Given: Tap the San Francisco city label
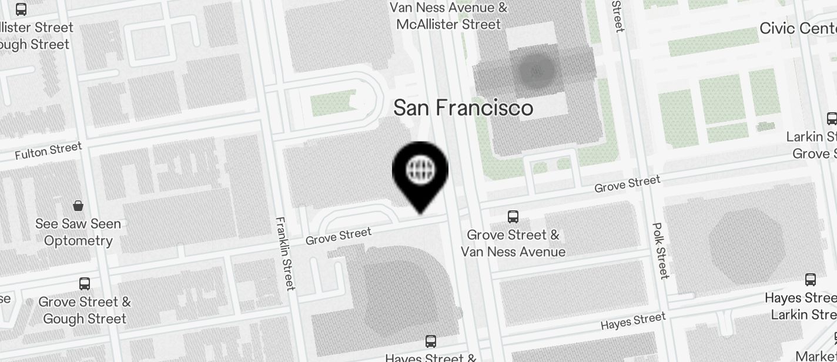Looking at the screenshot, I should pos(463,108).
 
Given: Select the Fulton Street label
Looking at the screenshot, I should pos(48,151).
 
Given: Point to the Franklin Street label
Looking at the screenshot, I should pos(284,253).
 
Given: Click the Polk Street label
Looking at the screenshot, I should pos(660,250).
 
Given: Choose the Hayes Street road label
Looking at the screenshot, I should pos(633,321).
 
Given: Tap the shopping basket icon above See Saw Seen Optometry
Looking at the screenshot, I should pos(78,205).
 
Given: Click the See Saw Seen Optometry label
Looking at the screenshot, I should pos(78,232).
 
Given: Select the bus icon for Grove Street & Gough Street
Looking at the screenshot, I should pos(85,284).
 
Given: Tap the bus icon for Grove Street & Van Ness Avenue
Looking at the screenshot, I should pos(513,217).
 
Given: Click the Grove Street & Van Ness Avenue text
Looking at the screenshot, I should pos(513,243).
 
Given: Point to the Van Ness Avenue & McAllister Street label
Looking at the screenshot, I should pos(448,16).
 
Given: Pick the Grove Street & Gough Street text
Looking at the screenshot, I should pos(85,310).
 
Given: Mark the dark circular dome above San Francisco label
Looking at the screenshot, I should pos(536,71).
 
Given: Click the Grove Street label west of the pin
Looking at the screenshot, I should pos(339,236).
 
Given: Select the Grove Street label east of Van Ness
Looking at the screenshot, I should pos(627,184).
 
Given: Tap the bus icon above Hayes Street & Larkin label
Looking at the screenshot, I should pos(811,280).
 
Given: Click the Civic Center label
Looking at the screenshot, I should pos(798,28).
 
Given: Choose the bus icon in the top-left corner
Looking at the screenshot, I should pos(21,9).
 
